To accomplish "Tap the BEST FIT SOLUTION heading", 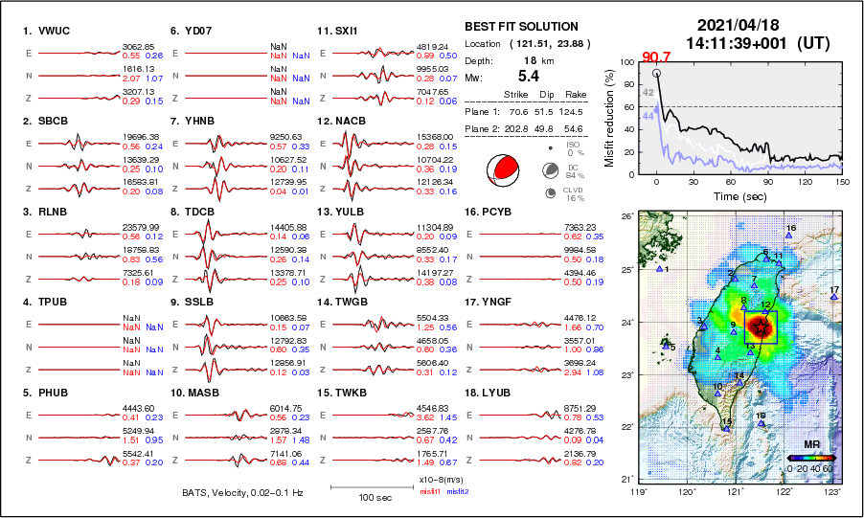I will click(x=521, y=27).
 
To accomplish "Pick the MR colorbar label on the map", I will click(x=810, y=446).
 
